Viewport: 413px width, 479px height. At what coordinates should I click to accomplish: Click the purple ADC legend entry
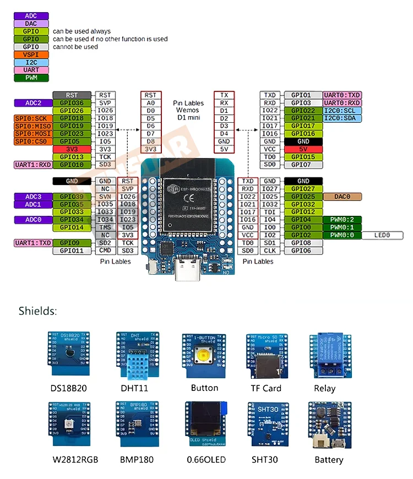pyautogui.click(x=31, y=16)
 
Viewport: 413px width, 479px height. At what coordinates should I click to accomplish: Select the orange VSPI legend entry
pyautogui.click(x=31, y=55)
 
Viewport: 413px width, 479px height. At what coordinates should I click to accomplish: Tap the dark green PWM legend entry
pyautogui.click(x=31, y=78)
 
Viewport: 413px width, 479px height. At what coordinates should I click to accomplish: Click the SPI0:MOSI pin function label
pyautogui.click(x=32, y=134)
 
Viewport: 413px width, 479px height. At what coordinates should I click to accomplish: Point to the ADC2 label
pyautogui.click(x=32, y=103)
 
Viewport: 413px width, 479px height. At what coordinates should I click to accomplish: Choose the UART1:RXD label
pyautogui.click(x=32, y=165)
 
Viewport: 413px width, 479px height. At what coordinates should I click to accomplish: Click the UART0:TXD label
pyautogui.click(x=342, y=95)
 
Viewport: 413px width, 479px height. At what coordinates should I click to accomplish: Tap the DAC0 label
pyautogui.click(x=342, y=197)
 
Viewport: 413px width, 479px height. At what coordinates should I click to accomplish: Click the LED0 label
pyautogui.click(x=382, y=235)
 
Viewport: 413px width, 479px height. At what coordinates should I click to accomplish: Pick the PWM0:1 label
pyautogui.click(x=342, y=227)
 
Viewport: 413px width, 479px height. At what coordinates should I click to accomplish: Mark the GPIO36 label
pyautogui.click(x=72, y=103)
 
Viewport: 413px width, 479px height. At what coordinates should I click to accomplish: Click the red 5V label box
pyautogui.click(x=303, y=149)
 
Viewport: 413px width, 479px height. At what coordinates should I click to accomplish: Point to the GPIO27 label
pyautogui.click(x=303, y=189)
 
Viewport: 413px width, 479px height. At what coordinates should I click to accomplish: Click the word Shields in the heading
pyautogui.click(x=37, y=311)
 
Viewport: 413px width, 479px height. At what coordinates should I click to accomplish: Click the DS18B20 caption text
pyautogui.click(x=68, y=388)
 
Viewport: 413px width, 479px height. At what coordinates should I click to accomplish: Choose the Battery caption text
pyautogui.click(x=329, y=460)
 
